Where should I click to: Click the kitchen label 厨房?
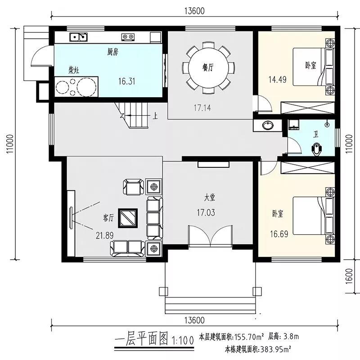point(113,52)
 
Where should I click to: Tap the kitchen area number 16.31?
point(127,81)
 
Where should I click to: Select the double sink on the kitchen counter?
point(78,37)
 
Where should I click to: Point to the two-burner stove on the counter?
point(128,37)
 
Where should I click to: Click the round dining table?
point(208,67)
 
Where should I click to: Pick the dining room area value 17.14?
point(202,108)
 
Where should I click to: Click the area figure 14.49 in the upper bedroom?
point(277,80)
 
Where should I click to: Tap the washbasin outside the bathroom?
point(268,126)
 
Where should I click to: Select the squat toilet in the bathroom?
point(317,149)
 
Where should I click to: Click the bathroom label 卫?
point(316,135)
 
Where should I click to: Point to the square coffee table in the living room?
point(128,218)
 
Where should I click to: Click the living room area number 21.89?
point(104,235)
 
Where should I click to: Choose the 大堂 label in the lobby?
point(210,198)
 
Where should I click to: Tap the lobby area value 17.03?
point(206,212)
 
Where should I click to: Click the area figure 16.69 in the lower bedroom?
point(279,234)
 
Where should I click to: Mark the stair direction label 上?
point(155,116)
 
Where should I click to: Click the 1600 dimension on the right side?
point(349,276)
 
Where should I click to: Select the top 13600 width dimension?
point(194,11)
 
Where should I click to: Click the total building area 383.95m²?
point(275,350)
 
